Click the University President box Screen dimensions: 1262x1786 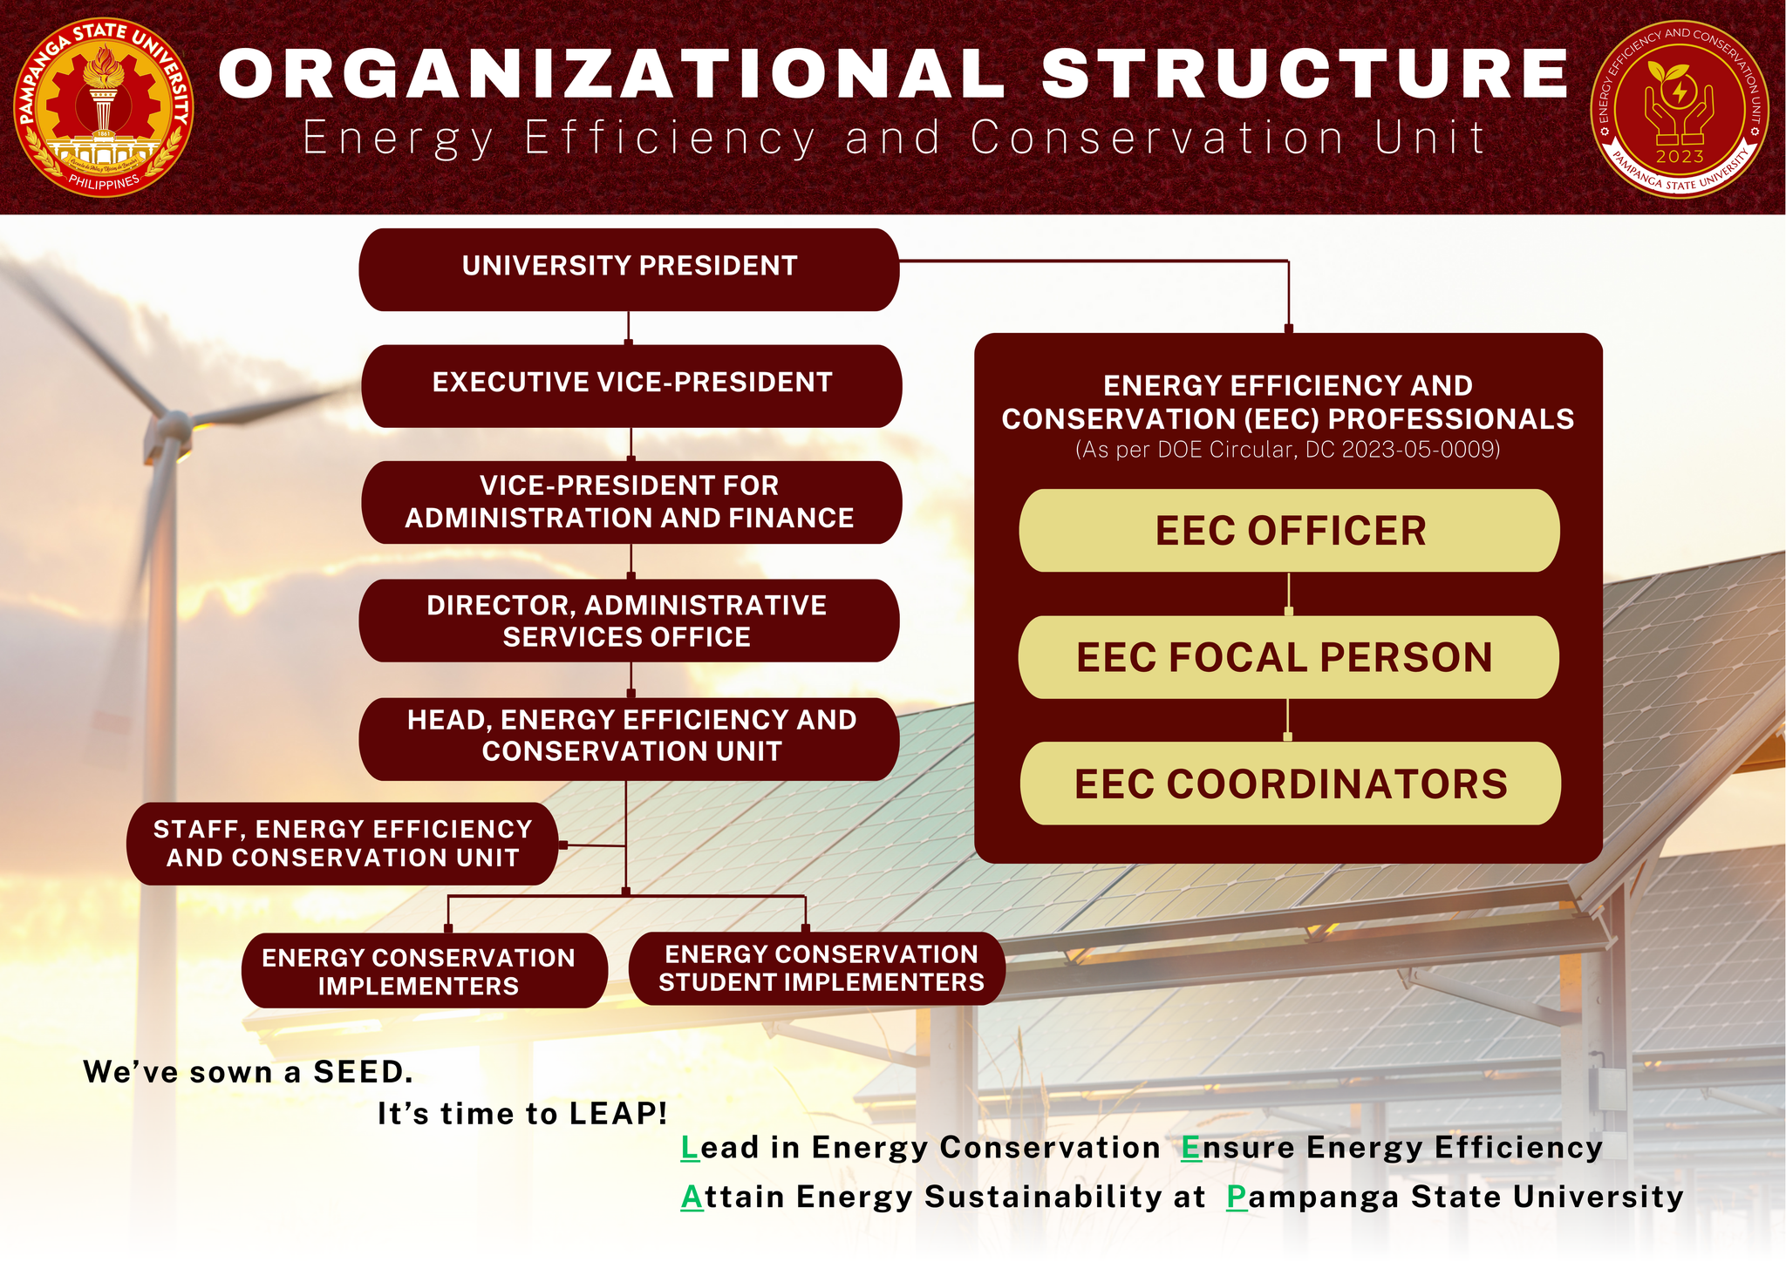pyautogui.click(x=629, y=269)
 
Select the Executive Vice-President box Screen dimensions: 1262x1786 pyautogui.click(x=631, y=385)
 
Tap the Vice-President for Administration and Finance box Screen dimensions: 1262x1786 pyautogui.click(x=631, y=502)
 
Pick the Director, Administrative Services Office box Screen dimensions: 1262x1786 pyautogui.click(x=628, y=621)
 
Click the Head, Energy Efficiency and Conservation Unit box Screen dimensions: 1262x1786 pyautogui.click(x=629, y=737)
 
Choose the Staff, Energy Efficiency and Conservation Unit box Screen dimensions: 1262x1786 pyautogui.click(x=342, y=843)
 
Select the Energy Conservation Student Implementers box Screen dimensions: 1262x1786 pyautogui.click(x=817, y=968)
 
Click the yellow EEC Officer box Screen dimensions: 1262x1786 pyautogui.click(x=1289, y=531)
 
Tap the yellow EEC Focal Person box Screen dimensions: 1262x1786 pyautogui.click(x=1287, y=657)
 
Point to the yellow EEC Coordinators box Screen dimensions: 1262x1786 pyautogui.click(x=1290, y=784)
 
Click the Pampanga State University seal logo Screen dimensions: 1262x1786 pyautogui.click(x=104, y=107)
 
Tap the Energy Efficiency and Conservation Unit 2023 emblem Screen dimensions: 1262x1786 pyautogui.click(x=1680, y=109)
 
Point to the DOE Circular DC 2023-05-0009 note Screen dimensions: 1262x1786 pyautogui.click(x=1287, y=450)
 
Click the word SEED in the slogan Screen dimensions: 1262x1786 pyautogui.click(x=363, y=1072)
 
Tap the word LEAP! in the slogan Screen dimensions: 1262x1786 pyautogui.click(x=618, y=1114)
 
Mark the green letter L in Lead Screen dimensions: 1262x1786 pyautogui.click(x=690, y=1148)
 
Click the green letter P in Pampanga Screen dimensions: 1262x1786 pyautogui.click(x=1237, y=1198)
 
